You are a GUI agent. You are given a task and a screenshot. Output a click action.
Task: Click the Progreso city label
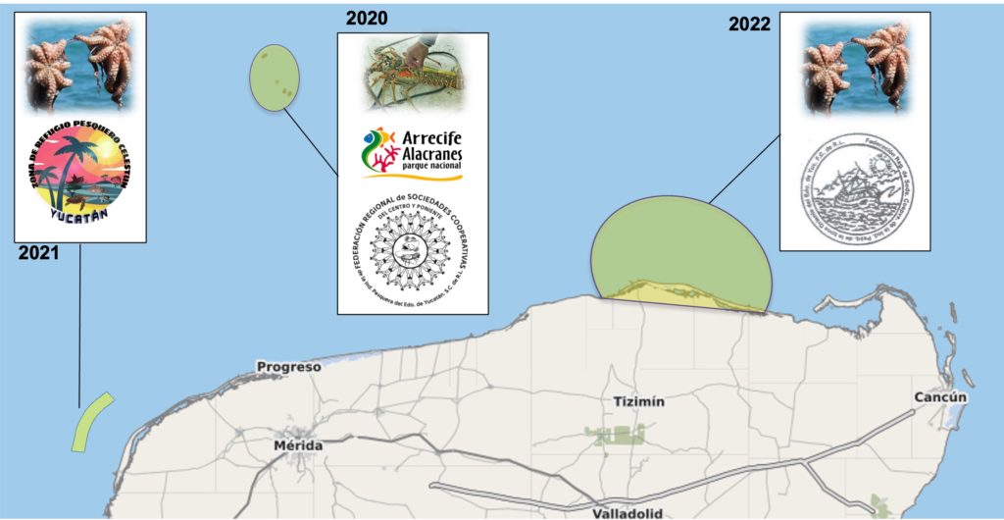[288, 367]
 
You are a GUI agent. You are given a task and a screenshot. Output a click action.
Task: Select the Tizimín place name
[638, 401]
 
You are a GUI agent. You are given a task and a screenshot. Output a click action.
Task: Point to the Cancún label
[940, 397]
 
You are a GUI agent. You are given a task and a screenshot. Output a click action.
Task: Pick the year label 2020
[367, 19]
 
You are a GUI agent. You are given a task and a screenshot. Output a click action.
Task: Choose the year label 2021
[38, 253]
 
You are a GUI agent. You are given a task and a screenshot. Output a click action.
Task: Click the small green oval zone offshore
[274, 77]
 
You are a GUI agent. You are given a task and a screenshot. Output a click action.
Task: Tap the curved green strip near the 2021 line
[91, 422]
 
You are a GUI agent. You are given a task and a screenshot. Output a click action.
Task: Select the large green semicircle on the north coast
[680, 245]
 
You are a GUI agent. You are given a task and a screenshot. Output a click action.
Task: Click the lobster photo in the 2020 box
[412, 74]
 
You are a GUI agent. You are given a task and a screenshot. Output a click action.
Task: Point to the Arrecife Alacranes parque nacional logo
[412, 153]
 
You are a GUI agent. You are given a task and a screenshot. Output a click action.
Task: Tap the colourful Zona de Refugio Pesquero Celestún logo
[79, 177]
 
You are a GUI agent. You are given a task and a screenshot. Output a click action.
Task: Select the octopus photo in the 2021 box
[79, 65]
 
